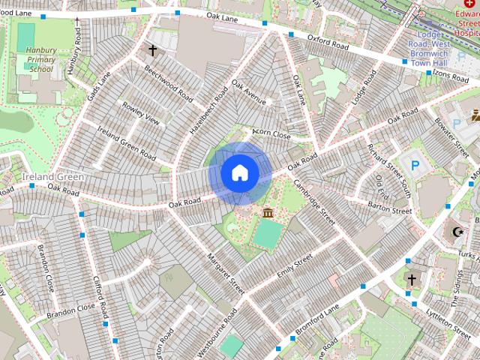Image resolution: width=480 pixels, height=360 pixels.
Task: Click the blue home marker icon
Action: point(240,172)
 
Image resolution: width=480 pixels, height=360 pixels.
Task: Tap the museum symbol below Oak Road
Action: point(267,214)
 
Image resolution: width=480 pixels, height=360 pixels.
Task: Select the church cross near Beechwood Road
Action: point(153,51)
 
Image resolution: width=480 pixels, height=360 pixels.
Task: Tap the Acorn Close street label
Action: point(271,135)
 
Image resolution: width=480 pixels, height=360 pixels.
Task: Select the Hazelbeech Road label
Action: point(208,110)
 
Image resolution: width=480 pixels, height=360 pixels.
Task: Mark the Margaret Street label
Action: point(226,271)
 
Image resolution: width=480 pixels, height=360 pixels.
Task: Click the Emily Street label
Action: point(294,268)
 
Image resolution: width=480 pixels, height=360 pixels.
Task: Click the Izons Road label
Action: point(451,75)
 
